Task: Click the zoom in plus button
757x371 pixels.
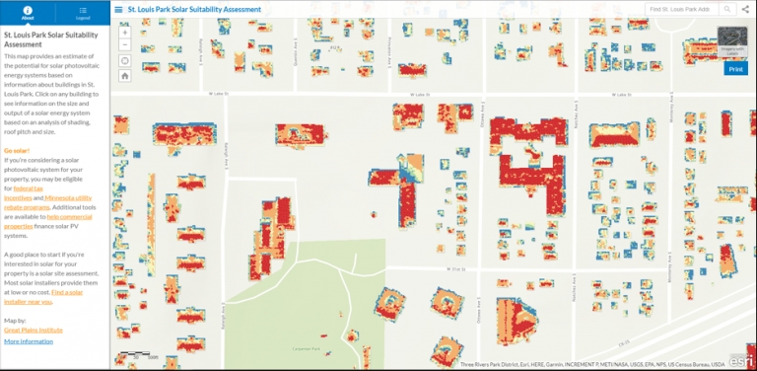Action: (x=125, y=33)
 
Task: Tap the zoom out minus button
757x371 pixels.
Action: (x=125, y=46)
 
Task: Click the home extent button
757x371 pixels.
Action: (x=125, y=74)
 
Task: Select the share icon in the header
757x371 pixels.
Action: (x=746, y=9)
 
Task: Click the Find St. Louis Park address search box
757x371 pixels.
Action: (x=680, y=9)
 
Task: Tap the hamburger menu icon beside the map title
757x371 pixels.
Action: (x=118, y=9)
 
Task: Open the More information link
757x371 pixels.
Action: (x=28, y=340)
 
